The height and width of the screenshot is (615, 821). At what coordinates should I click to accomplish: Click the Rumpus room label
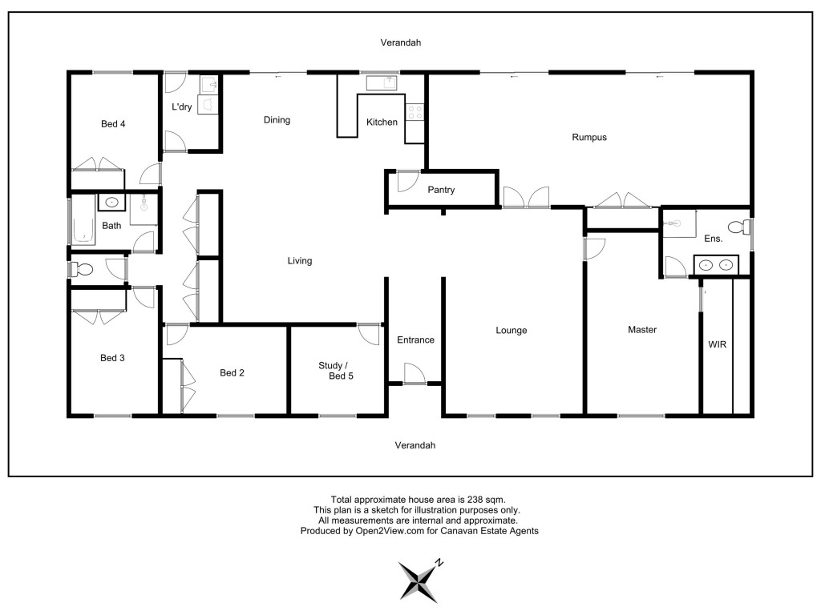(589, 138)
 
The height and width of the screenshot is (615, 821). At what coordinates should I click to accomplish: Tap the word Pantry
(441, 190)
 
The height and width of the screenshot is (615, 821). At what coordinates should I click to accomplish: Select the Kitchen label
(382, 122)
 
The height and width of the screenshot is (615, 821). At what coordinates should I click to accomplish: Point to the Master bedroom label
(642, 329)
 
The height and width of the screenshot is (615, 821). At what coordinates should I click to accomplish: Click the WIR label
(718, 344)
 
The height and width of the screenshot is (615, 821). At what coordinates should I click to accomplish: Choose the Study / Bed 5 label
(336, 371)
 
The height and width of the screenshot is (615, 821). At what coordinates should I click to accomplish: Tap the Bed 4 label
(113, 124)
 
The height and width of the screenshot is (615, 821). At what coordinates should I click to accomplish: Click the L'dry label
(182, 107)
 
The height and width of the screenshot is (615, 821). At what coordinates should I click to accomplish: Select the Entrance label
(416, 340)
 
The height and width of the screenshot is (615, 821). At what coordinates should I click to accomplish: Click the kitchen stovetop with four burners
(415, 112)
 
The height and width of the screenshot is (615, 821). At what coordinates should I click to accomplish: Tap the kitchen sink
(381, 82)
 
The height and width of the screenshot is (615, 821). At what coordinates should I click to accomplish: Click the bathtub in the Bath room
(83, 224)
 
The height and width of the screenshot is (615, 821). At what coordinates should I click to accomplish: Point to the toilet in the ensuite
(739, 227)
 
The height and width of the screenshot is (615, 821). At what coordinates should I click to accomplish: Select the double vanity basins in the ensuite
(716, 265)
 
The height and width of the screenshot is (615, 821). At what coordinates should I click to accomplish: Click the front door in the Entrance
(415, 373)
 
